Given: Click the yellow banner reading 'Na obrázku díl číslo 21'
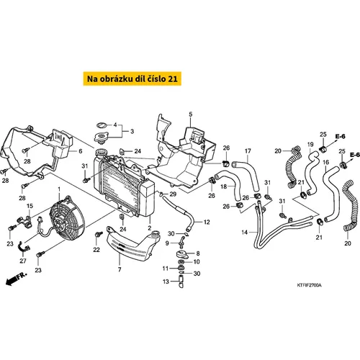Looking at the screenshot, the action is click(x=132, y=78).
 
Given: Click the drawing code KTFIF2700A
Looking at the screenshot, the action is click(x=309, y=285).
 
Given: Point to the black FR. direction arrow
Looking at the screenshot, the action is click(x=17, y=279).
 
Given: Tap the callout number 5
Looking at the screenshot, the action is click(x=190, y=114).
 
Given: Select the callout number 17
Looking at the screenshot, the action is click(x=248, y=151).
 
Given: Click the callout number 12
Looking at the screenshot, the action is click(x=207, y=222).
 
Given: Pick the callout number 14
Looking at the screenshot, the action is click(x=244, y=233).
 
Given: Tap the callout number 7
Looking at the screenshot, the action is click(x=120, y=270).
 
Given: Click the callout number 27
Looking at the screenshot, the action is click(x=23, y=261).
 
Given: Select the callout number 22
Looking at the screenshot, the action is click(x=96, y=250).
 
